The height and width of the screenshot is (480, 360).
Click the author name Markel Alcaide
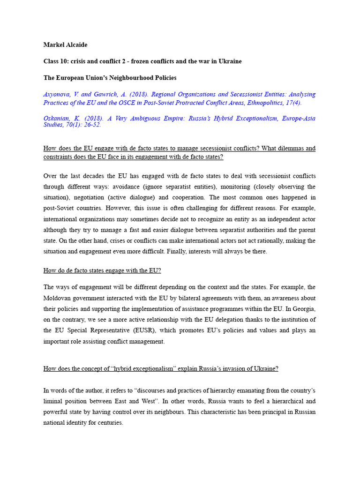pyautogui.click(x=65, y=45)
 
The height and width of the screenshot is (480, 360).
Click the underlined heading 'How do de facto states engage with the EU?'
pyautogui.click(x=102, y=270)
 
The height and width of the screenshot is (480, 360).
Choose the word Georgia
pyautogui.click(x=303, y=309)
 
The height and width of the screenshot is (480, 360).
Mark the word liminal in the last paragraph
pyautogui.click(x=53, y=401)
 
